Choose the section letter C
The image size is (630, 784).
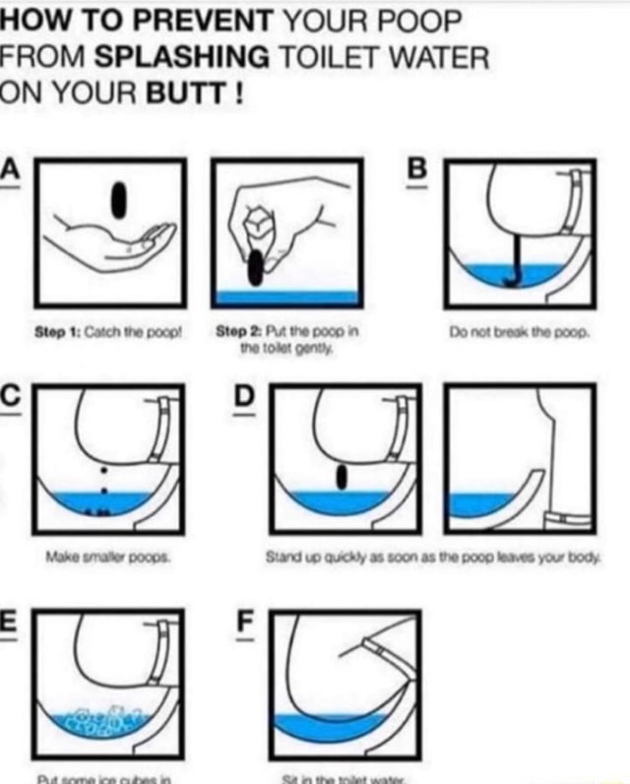10,395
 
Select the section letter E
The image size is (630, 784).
10,622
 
